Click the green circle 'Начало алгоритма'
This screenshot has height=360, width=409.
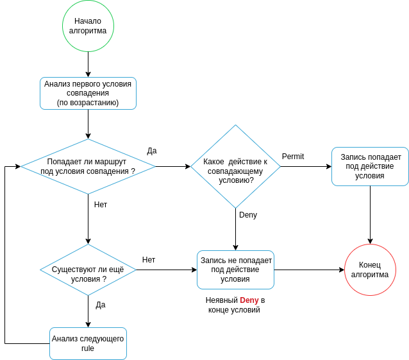point(88,26)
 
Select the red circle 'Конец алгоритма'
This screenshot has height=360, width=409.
point(370,270)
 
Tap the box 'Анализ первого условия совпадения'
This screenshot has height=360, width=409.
point(88,93)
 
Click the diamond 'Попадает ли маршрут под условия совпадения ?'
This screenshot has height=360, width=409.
point(88,167)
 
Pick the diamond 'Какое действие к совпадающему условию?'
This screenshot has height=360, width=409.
point(235,167)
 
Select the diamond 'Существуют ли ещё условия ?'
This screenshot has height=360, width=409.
point(88,270)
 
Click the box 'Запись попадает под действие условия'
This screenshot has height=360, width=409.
point(370,166)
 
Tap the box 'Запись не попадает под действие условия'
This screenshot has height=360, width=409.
point(235,270)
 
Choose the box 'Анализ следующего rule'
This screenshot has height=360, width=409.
point(88,343)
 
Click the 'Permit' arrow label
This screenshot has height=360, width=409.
point(293,157)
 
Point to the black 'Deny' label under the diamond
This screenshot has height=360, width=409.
point(248,215)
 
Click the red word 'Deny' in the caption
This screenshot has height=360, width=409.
point(249,300)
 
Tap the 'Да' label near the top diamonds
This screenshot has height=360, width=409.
point(152,151)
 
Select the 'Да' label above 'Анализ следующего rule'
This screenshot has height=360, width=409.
point(101,305)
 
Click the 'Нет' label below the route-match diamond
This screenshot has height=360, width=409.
point(101,205)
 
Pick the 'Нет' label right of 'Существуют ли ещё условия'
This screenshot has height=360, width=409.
point(149,260)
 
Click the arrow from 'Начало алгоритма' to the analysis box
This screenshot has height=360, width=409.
point(88,64)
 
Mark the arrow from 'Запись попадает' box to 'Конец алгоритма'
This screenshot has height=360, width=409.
point(370,215)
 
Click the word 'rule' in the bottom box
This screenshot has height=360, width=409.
point(88,348)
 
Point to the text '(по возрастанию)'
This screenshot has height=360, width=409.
point(88,103)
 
